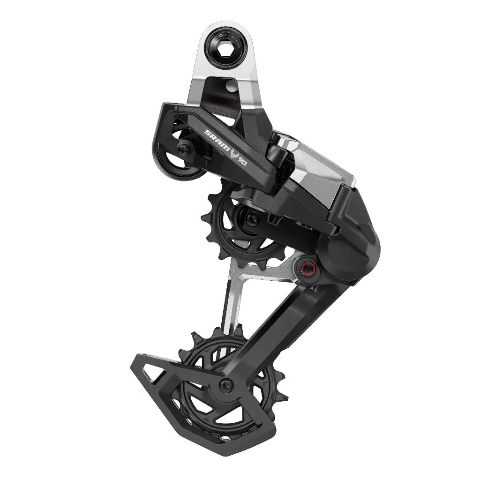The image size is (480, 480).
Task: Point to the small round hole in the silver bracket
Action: pos(231,86)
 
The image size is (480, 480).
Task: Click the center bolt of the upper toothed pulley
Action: pos(252,217)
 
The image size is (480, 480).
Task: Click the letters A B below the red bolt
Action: pos(313,289)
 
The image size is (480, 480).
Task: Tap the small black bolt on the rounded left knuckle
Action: pos(183,150)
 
